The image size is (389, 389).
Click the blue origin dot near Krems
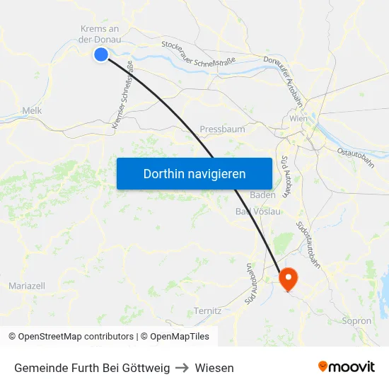tap(101, 54)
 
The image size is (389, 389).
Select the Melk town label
tap(33, 111)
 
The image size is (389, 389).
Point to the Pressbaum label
tap(222, 129)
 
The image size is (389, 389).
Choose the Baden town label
tap(263, 194)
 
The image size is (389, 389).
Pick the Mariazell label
tap(27, 286)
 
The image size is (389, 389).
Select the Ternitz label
tap(207, 311)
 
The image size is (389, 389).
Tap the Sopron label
tap(356, 321)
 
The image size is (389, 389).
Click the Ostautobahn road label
tap(355, 157)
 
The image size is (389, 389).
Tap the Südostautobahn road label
tap(310, 243)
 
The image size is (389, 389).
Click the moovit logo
tap(347, 367)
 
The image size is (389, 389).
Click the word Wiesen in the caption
tap(214, 368)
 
